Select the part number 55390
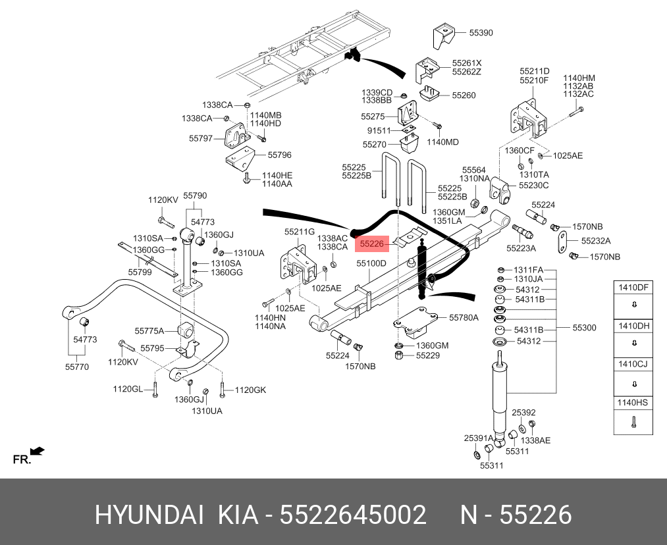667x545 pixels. tap(481, 32)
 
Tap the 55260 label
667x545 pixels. tap(464, 95)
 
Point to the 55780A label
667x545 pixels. tap(464, 317)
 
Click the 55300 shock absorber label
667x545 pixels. tap(584, 327)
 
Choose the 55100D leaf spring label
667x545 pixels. tap(371, 263)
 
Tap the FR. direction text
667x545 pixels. tap(22, 459)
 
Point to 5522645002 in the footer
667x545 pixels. tap(353, 515)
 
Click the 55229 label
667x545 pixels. tap(428, 356)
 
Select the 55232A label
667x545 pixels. tap(595, 241)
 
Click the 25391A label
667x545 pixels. tap(479, 438)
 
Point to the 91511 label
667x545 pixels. tap(379, 130)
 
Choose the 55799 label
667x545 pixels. tap(140, 272)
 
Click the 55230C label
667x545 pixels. tap(533, 186)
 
